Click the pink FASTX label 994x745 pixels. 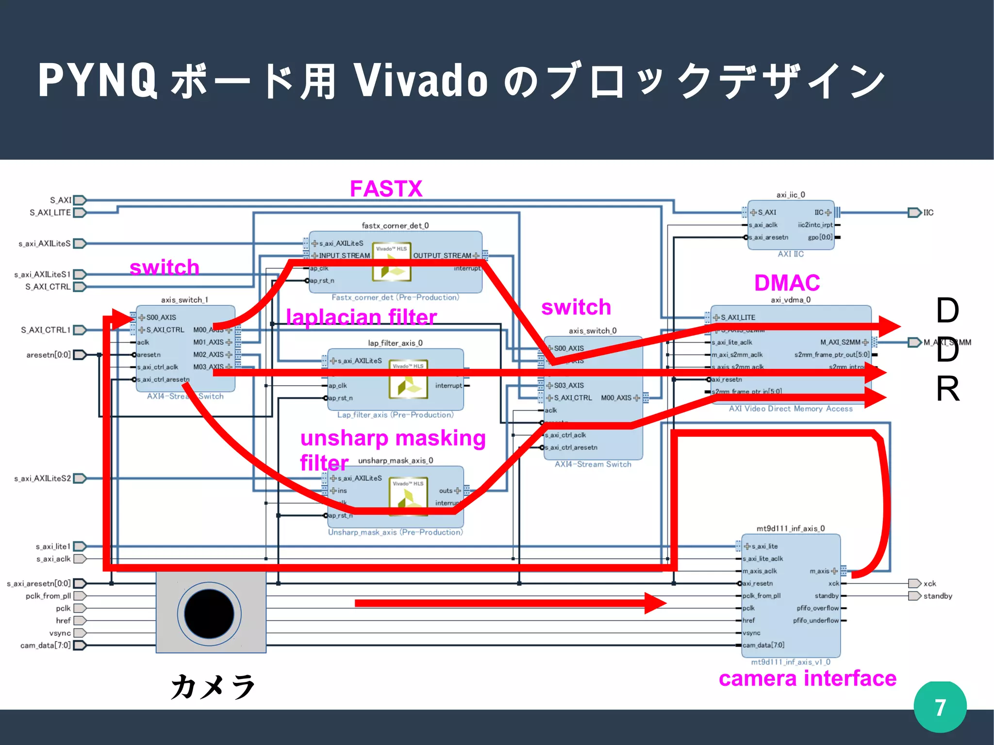point(386,189)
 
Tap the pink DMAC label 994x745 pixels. point(787,283)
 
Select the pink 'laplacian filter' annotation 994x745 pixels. point(362,317)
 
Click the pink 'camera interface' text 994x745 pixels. point(807,679)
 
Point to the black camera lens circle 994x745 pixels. point(209,614)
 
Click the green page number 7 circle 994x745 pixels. point(940,707)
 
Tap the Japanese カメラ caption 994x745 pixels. point(213,687)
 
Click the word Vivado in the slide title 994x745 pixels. point(420,80)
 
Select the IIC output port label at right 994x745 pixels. point(928,213)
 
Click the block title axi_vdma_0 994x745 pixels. point(791,300)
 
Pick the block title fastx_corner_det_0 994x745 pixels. point(395,226)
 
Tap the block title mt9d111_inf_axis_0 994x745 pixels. point(791,529)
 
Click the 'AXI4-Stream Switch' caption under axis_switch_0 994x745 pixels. point(593,464)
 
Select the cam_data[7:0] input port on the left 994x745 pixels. point(46,646)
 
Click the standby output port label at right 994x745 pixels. point(937,596)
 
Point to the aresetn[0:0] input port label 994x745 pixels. point(49,355)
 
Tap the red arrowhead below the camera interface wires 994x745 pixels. point(655,603)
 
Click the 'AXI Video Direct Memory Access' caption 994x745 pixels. point(791,409)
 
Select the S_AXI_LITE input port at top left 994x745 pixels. point(50,213)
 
